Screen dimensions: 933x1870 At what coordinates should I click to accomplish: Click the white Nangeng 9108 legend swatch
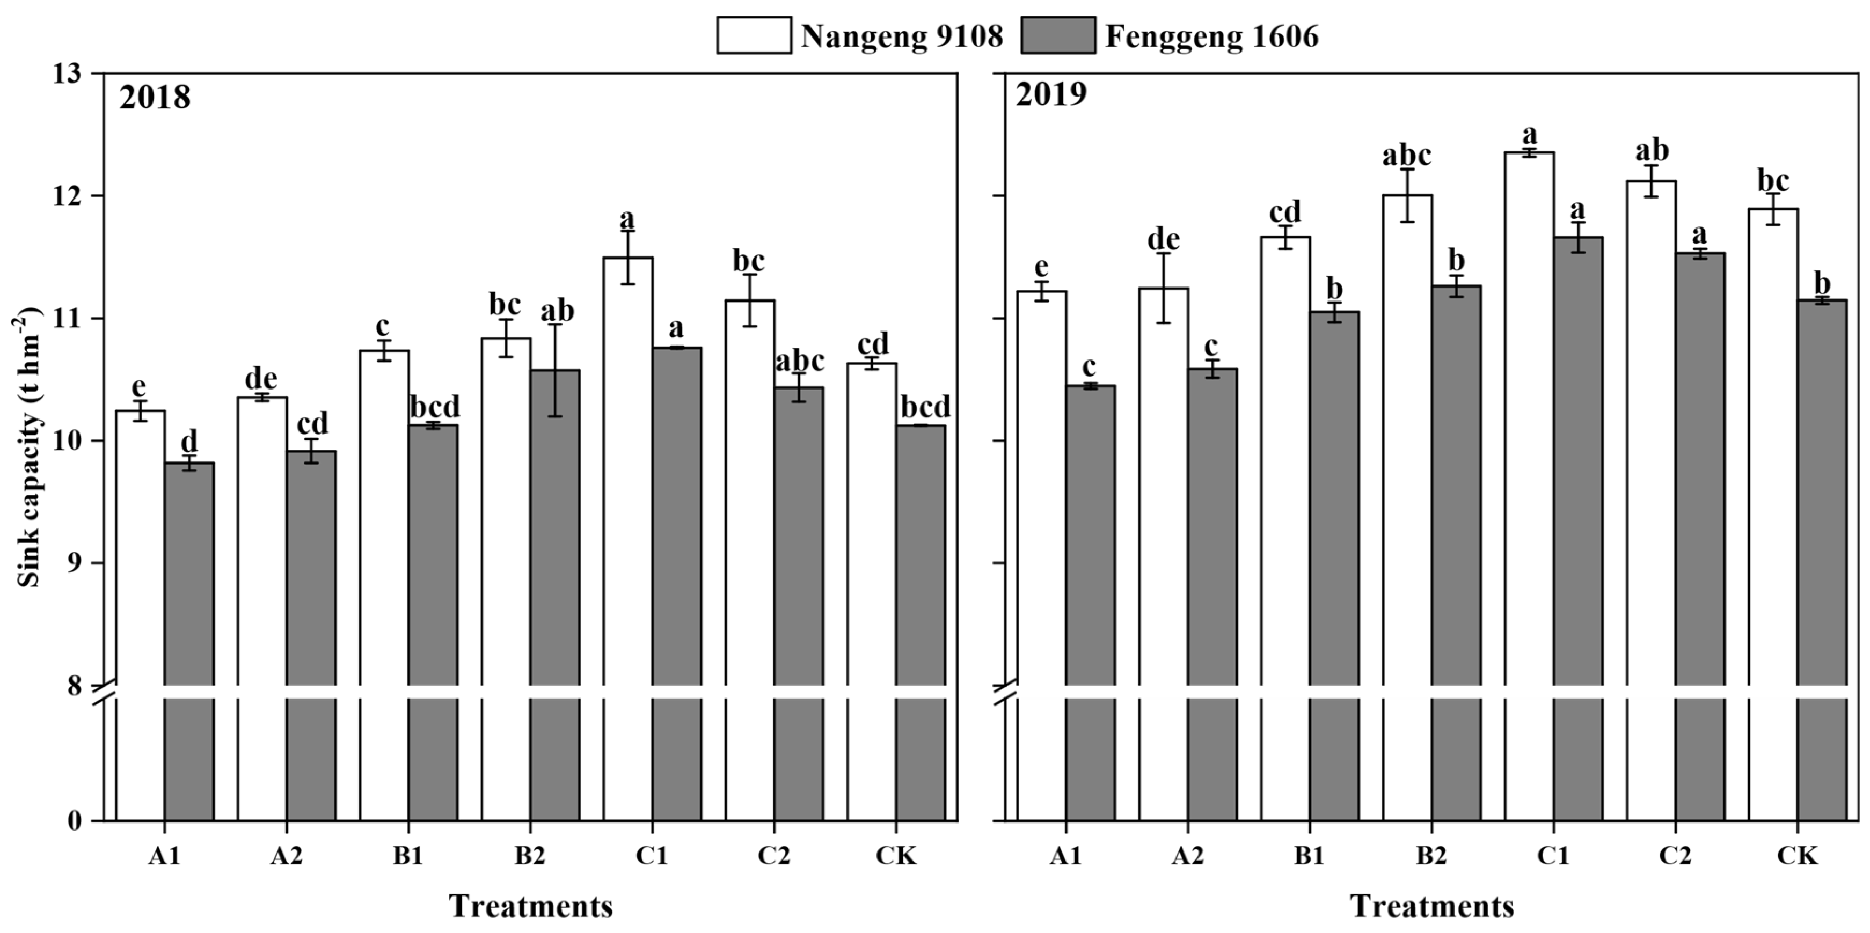(x=754, y=35)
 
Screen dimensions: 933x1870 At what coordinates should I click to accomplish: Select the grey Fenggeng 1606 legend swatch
(x=1058, y=35)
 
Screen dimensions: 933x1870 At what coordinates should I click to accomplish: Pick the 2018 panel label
(x=155, y=97)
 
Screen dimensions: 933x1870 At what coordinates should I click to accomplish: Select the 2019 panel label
(x=1051, y=95)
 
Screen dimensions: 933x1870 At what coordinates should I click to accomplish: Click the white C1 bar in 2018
(x=628, y=472)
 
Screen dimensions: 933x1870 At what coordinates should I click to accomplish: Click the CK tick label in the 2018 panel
(x=896, y=857)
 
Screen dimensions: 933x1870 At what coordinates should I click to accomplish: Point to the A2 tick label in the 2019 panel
(x=1188, y=857)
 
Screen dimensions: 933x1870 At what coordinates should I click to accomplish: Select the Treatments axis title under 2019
(x=1432, y=907)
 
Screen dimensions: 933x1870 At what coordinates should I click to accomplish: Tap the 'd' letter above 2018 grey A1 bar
(x=189, y=440)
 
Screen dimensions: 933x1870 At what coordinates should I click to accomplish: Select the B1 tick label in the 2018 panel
(x=408, y=857)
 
